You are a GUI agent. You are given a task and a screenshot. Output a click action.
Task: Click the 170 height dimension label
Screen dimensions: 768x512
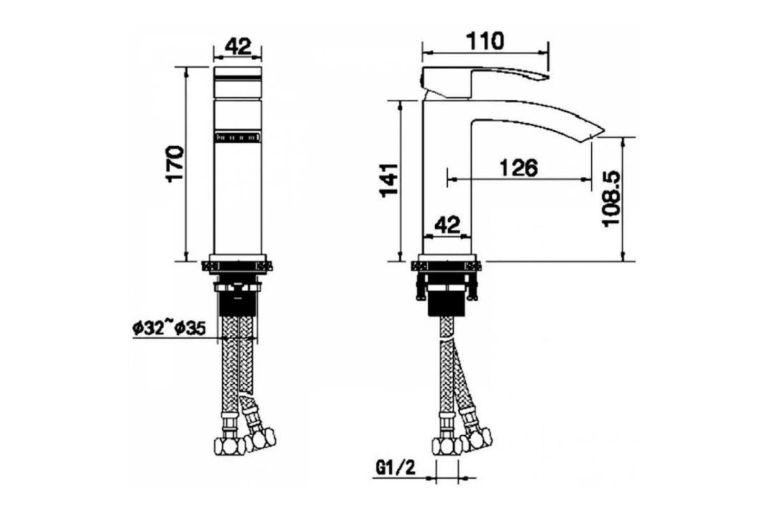175,164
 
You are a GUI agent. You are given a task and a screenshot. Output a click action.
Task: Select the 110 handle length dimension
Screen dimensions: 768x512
486,40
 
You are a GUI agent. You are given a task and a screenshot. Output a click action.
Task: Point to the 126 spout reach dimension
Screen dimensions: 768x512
519,168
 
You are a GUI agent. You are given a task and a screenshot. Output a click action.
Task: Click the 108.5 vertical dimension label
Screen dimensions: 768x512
611,198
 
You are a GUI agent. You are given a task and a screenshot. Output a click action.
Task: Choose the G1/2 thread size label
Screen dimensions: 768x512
396,468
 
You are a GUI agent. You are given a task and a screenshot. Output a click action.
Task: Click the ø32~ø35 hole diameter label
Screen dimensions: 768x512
169,329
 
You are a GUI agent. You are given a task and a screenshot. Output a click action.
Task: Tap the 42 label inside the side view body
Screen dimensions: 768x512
447,225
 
